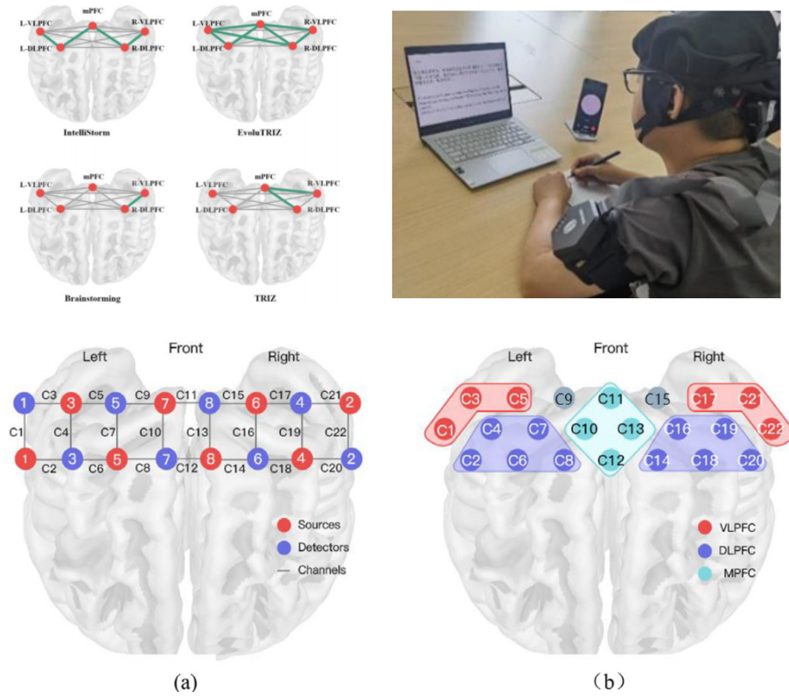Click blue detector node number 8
pyautogui.click(x=210, y=405)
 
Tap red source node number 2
pyautogui.click(x=349, y=405)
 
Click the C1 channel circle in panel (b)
pyautogui.click(x=446, y=429)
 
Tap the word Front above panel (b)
pyautogui.click(x=611, y=349)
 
